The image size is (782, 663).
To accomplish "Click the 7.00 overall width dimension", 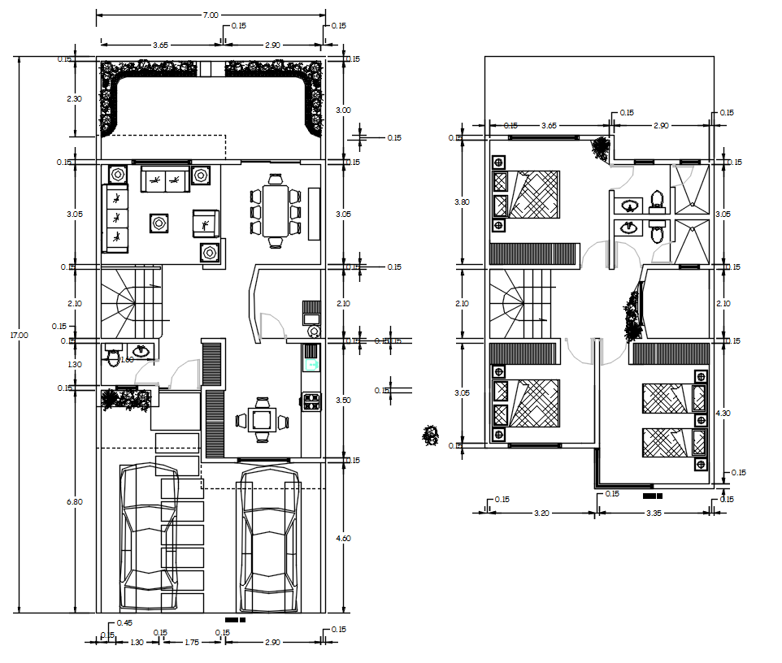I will coord(210,15).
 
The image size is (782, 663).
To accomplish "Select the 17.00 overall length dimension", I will coord(19,334).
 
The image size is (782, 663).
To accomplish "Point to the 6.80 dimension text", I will coord(74,501).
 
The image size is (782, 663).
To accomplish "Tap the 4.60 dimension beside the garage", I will coord(345,537).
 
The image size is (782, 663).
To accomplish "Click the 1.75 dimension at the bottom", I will coord(192,643).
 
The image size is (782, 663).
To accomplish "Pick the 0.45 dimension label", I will coord(124,622).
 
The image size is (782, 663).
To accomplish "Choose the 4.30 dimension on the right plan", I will coord(722,414).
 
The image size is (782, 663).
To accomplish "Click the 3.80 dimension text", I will coord(462,202).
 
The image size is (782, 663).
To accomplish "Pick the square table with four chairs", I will coord(261,420).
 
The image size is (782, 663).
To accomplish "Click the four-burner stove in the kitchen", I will coord(311,400).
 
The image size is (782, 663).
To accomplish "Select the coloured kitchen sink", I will coord(311,358).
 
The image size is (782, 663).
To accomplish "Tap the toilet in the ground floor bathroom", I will coord(114,358).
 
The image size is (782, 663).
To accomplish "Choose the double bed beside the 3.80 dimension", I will coord(526,194).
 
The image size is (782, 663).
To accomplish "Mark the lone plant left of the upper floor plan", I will coord(431,435).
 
